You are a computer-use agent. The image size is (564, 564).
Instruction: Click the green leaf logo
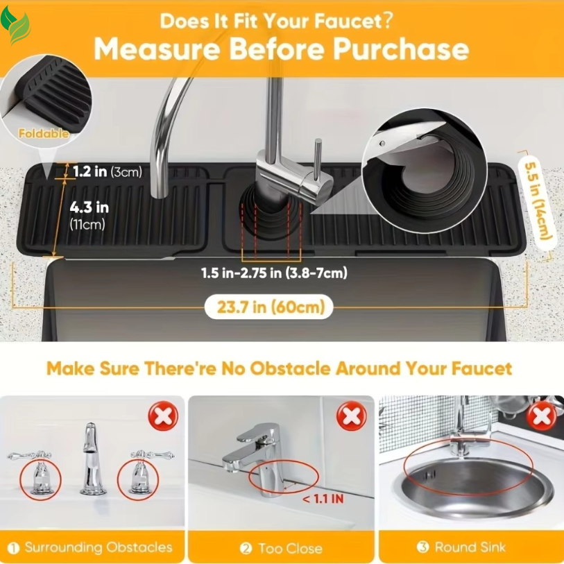point(15,25)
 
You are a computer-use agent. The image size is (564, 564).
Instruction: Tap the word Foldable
point(44,133)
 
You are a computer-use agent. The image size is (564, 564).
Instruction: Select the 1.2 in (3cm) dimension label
point(108,171)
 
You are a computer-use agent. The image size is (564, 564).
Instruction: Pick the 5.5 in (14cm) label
point(538,200)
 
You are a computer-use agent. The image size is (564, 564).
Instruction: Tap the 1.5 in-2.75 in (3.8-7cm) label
point(274,273)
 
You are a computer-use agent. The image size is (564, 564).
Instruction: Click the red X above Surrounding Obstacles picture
point(163,416)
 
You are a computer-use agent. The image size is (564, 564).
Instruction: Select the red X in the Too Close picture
point(352,416)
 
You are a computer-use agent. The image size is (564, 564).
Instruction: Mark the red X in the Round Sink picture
point(541,416)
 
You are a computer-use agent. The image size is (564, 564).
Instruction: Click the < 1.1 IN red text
point(323,499)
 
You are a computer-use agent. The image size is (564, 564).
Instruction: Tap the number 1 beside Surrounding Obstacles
point(13,548)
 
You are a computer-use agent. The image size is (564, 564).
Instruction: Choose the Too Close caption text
point(290,549)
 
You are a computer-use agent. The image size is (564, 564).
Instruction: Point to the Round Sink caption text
point(470,547)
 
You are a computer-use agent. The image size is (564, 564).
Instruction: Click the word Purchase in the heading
point(400,49)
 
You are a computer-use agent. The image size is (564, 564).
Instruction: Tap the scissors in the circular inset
point(408,138)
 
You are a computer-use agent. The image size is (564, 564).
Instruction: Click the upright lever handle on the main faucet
point(318,160)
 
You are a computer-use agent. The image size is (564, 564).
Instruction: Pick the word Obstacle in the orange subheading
point(290,368)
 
